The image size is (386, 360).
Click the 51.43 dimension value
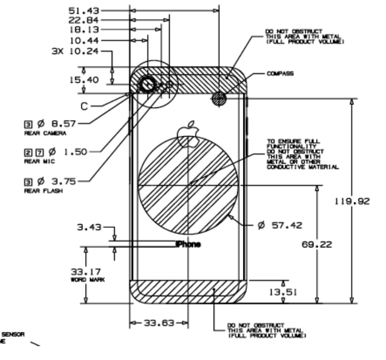click(86, 10)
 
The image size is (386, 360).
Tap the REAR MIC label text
click(37, 161)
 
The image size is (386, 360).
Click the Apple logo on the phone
click(187, 133)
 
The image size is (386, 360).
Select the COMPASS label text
click(280, 73)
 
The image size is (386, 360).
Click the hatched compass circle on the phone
click(219, 98)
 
